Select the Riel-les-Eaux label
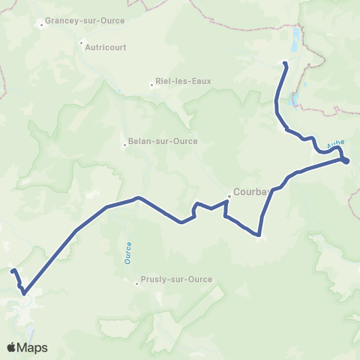pyautogui.click(x=180, y=82)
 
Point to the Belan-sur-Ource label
pyautogui.click(x=159, y=144)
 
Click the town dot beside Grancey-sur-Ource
pyautogui.click(x=42, y=25)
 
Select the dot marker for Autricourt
pyautogui.click(x=82, y=43)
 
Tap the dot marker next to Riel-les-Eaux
pyautogui.click(x=151, y=85)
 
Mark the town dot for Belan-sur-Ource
pyautogui.click(x=125, y=145)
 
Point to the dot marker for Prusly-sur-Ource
pyautogui.click(x=137, y=283)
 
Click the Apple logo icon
pyautogui.click(x=11, y=347)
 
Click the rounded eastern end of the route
pyautogui.click(x=346, y=161)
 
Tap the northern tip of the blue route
pyautogui.click(x=284, y=64)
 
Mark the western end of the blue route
pyautogui.click(x=13, y=269)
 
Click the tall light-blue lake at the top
pyautogui.click(x=296, y=35)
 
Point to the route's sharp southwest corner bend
pyautogui.click(x=24, y=293)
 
